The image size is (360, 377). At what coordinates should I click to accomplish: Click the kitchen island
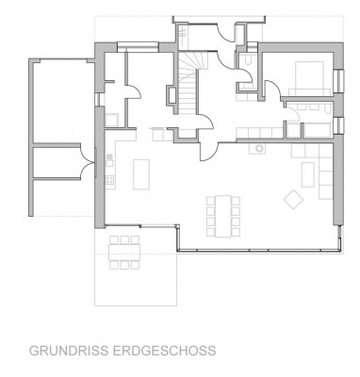[x=144, y=173]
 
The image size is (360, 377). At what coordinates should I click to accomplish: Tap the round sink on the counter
[x=254, y=148]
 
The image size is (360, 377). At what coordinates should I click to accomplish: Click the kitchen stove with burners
[x=109, y=177]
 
